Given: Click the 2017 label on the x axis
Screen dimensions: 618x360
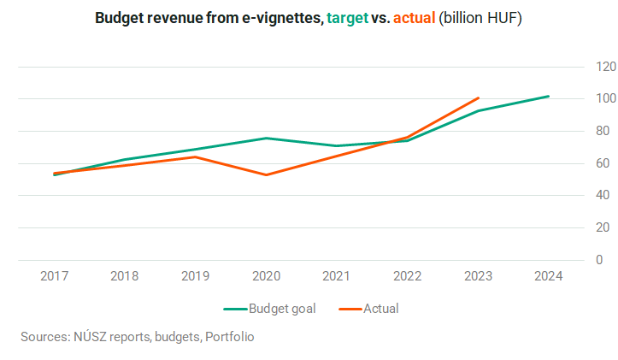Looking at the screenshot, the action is coord(55,276).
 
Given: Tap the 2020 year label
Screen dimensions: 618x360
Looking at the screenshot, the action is coord(267,276).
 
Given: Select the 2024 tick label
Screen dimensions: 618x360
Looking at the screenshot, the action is coord(549,276).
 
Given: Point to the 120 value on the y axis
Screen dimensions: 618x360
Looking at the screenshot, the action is coord(606,67).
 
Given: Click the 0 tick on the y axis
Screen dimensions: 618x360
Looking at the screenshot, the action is coord(599,260).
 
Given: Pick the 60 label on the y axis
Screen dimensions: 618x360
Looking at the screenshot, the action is coord(603,163).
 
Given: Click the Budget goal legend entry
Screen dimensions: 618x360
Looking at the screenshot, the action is coord(270,309).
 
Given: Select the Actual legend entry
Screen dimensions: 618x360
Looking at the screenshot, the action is coord(369,309).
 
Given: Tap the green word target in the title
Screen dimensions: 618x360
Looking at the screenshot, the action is coord(347,18).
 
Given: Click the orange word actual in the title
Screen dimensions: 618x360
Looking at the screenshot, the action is coord(414,18).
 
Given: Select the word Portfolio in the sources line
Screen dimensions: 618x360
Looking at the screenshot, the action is coord(230,337).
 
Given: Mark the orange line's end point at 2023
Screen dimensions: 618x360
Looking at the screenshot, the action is coord(478,97).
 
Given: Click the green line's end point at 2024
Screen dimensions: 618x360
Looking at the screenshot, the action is coord(548,97).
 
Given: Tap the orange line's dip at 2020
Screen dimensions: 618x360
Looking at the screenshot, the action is coord(267,174).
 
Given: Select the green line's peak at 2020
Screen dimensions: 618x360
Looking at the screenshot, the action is coord(267,138).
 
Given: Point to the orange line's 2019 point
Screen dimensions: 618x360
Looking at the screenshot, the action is coord(196,157).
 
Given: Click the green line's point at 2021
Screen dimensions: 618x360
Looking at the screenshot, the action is coord(337,146).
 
